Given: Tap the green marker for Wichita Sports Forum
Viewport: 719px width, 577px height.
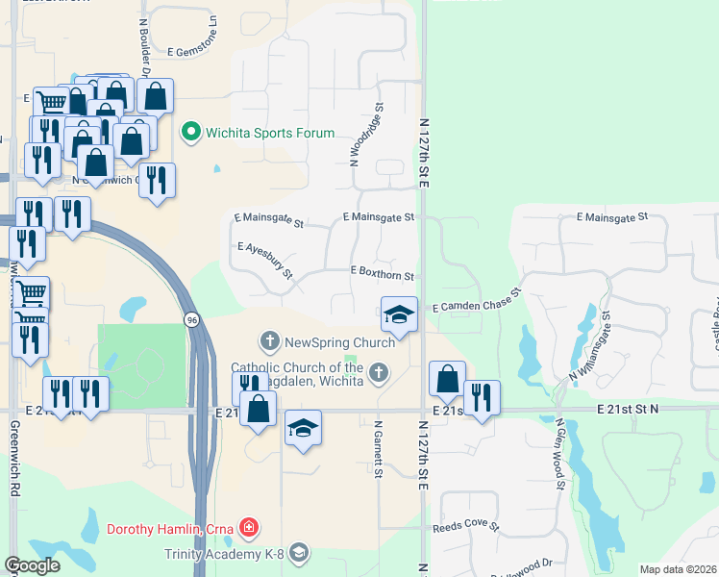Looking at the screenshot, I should point(190,133).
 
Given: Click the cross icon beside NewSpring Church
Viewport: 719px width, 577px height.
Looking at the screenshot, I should point(270,340).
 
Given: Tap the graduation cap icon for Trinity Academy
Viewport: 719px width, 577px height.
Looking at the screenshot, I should point(300,551).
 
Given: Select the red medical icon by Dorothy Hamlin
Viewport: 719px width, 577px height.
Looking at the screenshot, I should point(249,527).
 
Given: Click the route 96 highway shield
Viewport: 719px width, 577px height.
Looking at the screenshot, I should point(191,320).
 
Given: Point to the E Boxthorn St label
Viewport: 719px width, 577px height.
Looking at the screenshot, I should point(383,275).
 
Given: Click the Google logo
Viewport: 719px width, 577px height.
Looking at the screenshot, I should point(32,565).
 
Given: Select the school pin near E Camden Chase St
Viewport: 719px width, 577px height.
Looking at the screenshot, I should point(398,314).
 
